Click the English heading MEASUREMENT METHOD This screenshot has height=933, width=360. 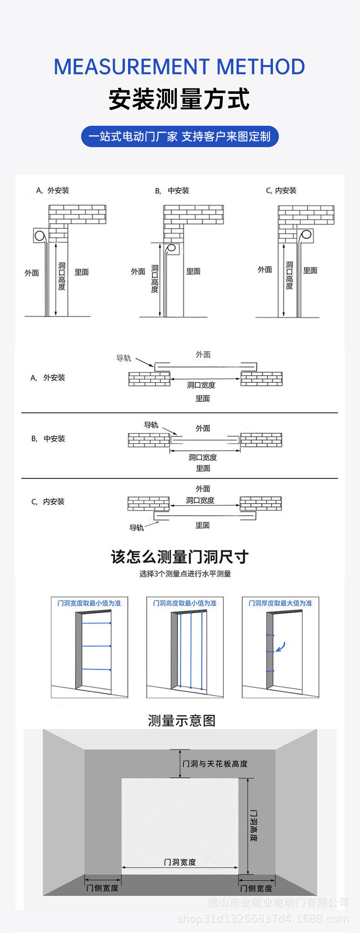tap(180, 67)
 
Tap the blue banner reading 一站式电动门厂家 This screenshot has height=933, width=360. tap(180, 136)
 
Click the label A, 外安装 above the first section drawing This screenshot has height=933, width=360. tap(53, 190)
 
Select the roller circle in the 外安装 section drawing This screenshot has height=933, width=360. tap(40, 236)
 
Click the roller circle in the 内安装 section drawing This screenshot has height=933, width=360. tap(306, 235)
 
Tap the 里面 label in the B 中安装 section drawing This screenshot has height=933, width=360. tap(193, 271)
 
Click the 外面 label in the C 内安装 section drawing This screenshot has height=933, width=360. tap(265, 270)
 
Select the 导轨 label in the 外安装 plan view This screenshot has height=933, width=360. tap(123, 358)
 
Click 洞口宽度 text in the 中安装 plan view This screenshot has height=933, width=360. tap(203, 457)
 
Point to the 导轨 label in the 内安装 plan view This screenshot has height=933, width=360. tap(137, 528)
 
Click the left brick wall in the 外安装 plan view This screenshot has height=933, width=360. tap(149, 379)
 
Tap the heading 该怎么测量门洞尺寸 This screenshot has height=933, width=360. tap(180, 557)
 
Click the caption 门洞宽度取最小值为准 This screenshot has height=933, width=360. tap(89, 603)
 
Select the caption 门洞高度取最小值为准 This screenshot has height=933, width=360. tap(185, 603)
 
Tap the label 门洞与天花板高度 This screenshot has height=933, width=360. tap(215, 764)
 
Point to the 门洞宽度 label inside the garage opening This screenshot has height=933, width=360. tap(180, 862)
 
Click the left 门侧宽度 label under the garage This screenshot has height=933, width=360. tap(103, 888)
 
